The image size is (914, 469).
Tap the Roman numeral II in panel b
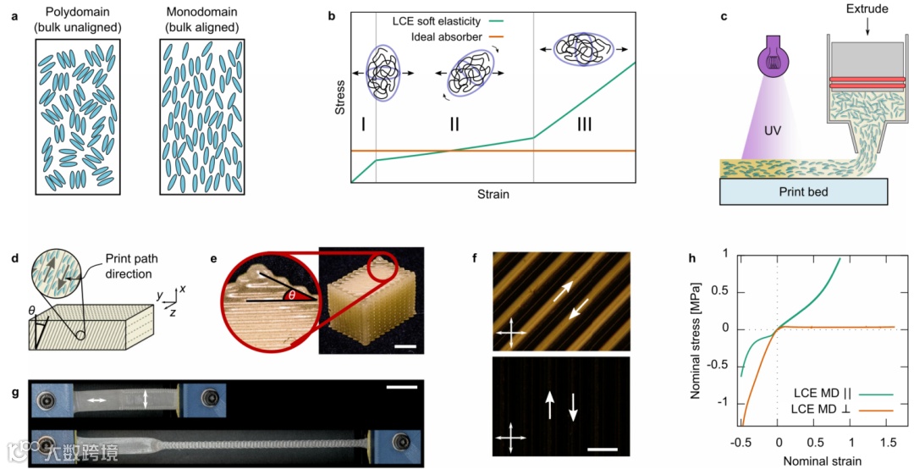tap(454, 125)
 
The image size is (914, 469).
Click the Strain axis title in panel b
tap(492, 194)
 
